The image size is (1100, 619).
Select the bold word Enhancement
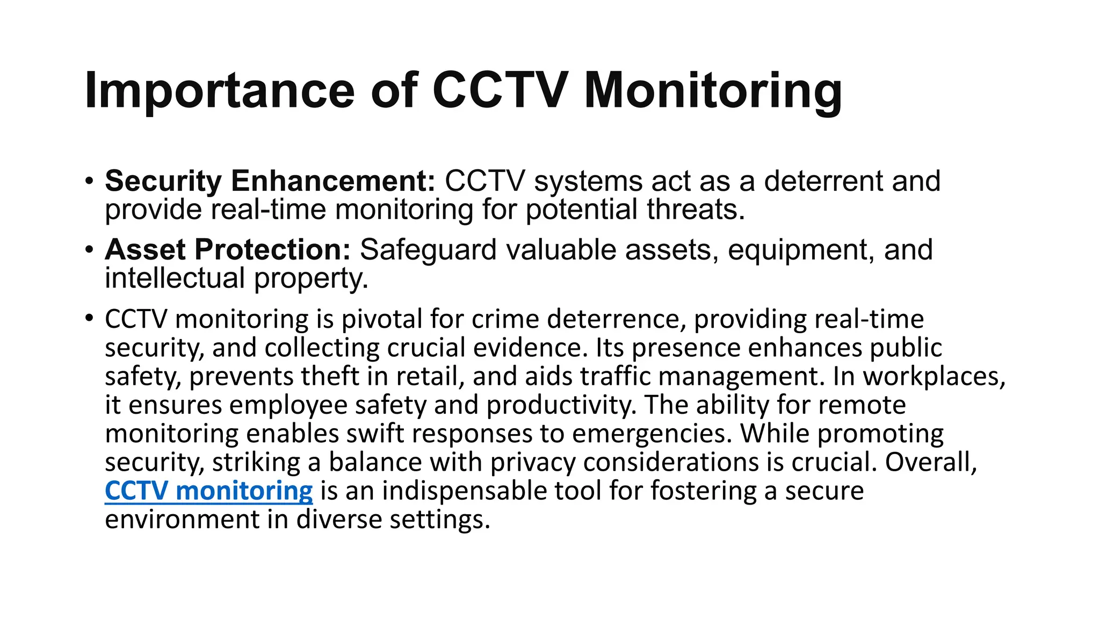tap(333, 181)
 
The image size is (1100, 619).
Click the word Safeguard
tap(428, 250)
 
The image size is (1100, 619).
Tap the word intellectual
tap(175, 278)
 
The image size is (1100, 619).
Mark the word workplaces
tap(934, 376)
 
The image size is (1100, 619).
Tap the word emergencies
tap(652, 434)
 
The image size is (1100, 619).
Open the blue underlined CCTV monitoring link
tap(208, 491)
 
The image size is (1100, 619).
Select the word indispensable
tap(456, 491)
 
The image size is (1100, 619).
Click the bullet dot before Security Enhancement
tap(89, 180)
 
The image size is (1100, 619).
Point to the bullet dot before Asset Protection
tap(89, 249)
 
